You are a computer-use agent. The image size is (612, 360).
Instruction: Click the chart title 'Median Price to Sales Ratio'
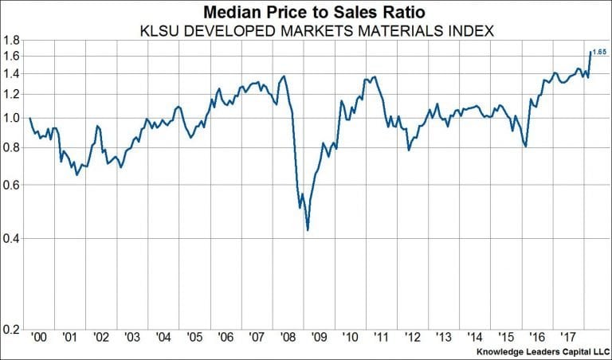coord(305,12)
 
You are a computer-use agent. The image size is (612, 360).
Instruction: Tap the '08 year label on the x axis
coord(287,338)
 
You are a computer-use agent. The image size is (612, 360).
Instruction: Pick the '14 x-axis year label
coord(473,338)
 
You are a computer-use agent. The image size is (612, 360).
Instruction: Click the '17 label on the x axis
coord(567,338)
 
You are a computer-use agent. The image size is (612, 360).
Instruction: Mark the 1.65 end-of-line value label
coord(600,53)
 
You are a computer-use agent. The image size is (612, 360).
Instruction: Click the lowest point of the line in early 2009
coord(307,230)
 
